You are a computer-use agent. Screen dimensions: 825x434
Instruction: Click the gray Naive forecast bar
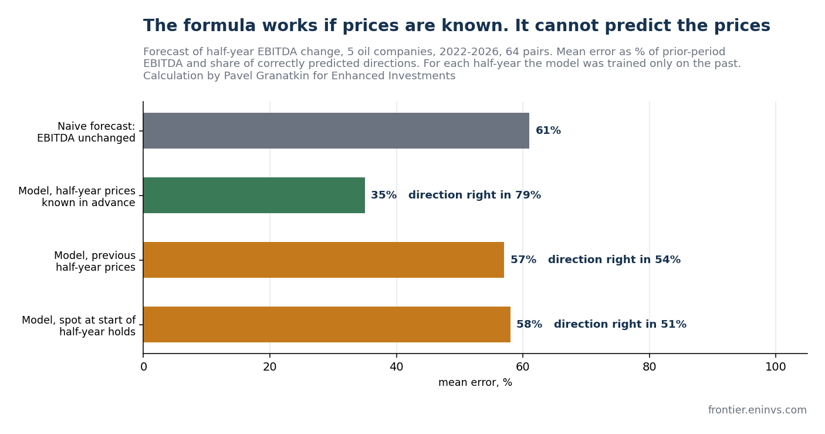click(x=336, y=131)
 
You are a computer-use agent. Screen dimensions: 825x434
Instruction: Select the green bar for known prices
click(x=254, y=196)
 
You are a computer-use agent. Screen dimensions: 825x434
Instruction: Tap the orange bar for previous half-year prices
click(x=324, y=260)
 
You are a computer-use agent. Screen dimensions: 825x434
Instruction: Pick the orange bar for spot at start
click(x=327, y=325)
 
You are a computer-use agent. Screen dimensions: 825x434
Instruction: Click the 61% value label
click(x=548, y=130)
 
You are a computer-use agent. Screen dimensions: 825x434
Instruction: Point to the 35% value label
click(x=384, y=195)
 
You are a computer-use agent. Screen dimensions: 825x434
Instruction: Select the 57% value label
click(x=523, y=260)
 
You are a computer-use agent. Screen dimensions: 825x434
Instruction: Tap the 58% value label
click(x=529, y=324)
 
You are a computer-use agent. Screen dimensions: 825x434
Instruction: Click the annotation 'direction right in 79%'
click(x=475, y=195)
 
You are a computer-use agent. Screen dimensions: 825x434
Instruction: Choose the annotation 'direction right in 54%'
click(x=614, y=260)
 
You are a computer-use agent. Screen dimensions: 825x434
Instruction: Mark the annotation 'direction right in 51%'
click(x=620, y=324)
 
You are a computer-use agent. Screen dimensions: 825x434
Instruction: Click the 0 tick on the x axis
click(x=144, y=367)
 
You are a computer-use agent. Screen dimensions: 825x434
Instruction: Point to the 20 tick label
click(x=269, y=367)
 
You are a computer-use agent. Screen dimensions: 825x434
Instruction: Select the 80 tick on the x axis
click(x=650, y=367)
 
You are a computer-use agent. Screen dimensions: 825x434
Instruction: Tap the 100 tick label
click(x=776, y=367)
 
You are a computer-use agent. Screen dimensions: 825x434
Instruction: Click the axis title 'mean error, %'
click(x=475, y=382)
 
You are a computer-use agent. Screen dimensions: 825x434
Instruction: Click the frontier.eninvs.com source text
click(x=758, y=410)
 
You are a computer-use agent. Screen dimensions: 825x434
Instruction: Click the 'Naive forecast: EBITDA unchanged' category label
click(x=86, y=132)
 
